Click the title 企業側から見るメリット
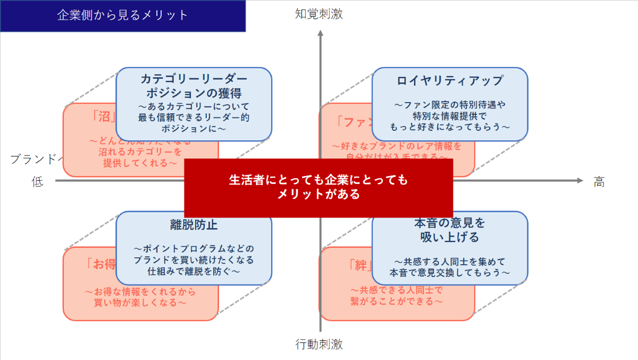[x=123, y=15]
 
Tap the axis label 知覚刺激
[x=319, y=14]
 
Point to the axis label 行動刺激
[x=319, y=345]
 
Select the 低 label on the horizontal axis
[x=37, y=182]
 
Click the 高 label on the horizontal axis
[x=599, y=182]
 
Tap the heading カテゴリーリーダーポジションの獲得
[x=194, y=86]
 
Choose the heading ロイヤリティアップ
[x=450, y=81]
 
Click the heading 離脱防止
[x=194, y=225]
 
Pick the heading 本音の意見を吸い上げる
[x=450, y=230]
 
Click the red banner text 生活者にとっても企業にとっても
[x=318, y=180]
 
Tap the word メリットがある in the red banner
[x=318, y=194]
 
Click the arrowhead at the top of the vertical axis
[x=320, y=34]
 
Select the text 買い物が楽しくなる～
[x=140, y=303]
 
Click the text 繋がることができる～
[x=397, y=301]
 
